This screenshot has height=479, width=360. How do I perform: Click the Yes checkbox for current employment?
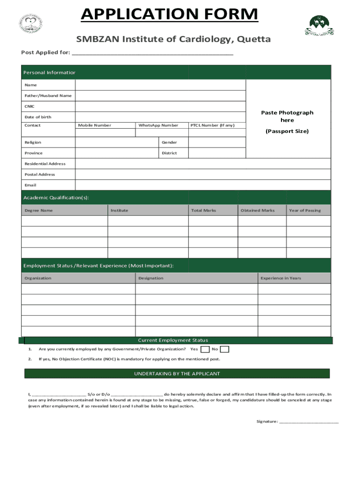(205, 349)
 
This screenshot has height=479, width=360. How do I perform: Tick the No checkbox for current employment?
(224, 349)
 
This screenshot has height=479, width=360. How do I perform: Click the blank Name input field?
(160, 85)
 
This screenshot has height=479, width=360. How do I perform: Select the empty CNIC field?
(160, 106)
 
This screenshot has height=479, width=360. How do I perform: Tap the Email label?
(30, 185)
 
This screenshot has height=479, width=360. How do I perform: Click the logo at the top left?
(31, 23)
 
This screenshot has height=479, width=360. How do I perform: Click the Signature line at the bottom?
(308, 422)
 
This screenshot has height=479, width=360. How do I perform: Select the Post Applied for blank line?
(152, 53)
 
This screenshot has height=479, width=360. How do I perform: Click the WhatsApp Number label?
(158, 125)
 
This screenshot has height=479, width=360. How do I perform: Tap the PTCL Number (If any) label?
(212, 125)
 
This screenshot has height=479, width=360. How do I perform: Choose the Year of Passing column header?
(305, 210)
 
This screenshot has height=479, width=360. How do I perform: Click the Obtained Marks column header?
(258, 210)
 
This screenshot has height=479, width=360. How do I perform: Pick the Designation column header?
(151, 278)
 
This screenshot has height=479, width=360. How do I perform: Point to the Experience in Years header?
(281, 278)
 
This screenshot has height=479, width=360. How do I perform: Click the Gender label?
(169, 142)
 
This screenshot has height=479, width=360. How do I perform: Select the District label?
(169, 153)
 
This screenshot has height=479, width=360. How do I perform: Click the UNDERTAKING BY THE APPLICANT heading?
(177, 374)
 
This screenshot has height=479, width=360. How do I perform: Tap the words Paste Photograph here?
(287, 116)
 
